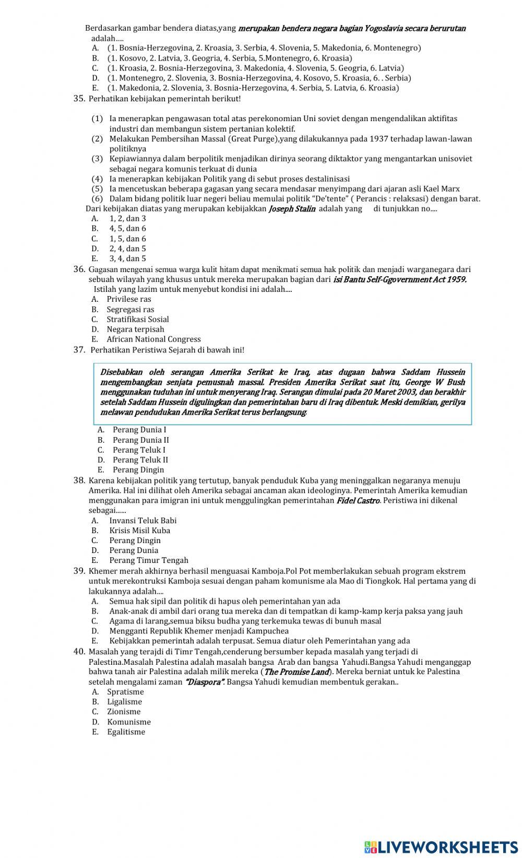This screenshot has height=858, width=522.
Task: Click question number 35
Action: [x=79, y=98]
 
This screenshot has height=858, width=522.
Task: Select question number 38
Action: [x=79, y=480]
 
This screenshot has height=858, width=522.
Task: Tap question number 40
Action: [x=79, y=651]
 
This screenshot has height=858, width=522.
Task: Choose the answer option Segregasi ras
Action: [x=130, y=309]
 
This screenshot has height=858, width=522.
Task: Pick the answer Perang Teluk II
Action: [x=140, y=460]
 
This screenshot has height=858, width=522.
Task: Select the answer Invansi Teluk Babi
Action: [x=143, y=520]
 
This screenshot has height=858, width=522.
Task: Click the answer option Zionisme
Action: [x=124, y=711]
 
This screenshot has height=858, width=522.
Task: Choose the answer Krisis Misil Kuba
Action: [x=139, y=530]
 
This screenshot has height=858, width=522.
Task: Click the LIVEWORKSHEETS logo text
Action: [x=441, y=847]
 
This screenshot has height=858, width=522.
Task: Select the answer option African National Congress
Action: [x=153, y=339]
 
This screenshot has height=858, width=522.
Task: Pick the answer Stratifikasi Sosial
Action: [x=138, y=319]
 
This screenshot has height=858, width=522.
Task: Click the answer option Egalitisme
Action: [x=126, y=732]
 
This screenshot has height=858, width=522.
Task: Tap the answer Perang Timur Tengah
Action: [x=148, y=560]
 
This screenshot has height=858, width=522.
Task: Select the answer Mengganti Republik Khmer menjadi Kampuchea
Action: [x=199, y=631]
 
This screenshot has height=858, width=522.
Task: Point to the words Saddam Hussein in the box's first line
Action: [x=433, y=372]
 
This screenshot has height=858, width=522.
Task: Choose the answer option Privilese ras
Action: [x=129, y=299]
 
